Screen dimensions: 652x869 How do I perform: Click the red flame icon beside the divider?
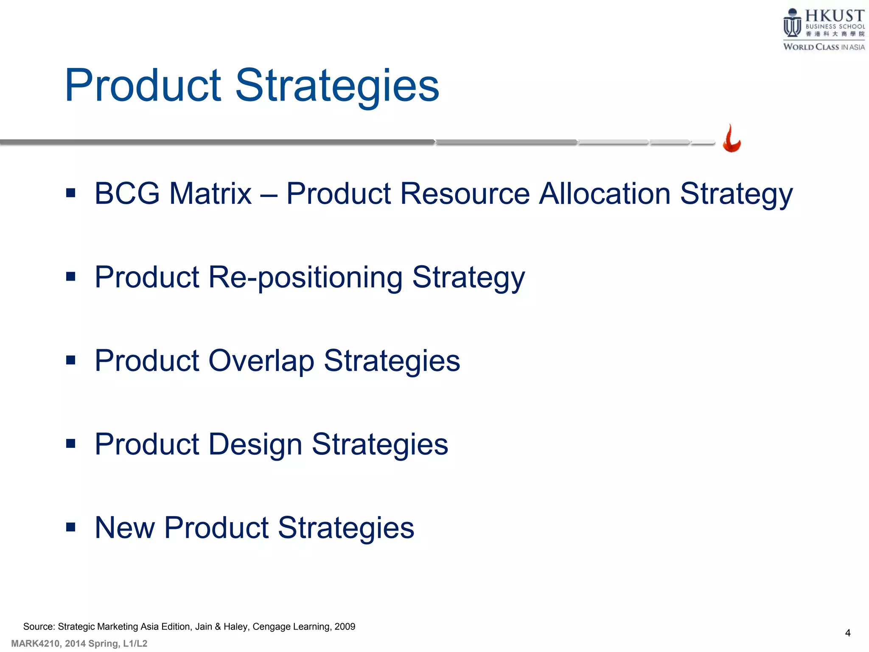click(732, 139)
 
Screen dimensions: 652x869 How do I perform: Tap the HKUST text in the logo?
click(834, 16)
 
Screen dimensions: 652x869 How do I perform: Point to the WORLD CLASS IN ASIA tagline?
click(824, 47)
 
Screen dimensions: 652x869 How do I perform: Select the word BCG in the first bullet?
click(127, 194)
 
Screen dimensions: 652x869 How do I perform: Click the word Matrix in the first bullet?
click(210, 194)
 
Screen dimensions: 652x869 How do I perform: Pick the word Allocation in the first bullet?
click(605, 194)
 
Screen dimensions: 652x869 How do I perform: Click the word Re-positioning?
click(305, 278)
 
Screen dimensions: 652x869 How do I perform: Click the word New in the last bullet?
click(124, 528)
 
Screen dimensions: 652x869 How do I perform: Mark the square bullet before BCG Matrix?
click(71, 194)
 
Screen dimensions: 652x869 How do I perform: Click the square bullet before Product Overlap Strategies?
click(71, 360)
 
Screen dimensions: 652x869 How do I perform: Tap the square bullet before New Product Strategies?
click(71, 527)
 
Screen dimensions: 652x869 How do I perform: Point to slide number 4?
click(847, 633)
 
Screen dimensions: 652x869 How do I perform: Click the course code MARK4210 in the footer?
click(35, 644)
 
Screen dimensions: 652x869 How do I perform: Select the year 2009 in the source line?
click(345, 627)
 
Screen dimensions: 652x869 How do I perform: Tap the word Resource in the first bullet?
click(465, 194)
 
